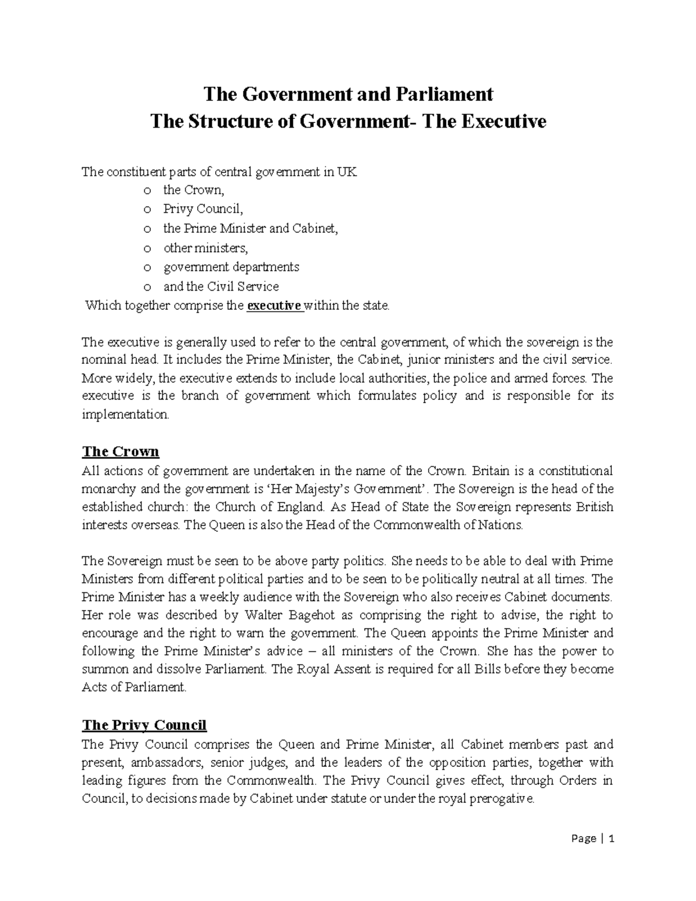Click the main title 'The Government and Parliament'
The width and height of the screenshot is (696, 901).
pos(347,93)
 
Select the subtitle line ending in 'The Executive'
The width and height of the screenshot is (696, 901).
pos(347,122)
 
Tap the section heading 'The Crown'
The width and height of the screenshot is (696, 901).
pos(121,451)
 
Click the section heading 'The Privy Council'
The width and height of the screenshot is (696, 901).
pos(144,725)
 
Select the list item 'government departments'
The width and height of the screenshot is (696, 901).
pos(231,267)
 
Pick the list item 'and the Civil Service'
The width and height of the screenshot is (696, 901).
pos(220,287)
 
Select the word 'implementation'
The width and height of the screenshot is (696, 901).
pos(125,415)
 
